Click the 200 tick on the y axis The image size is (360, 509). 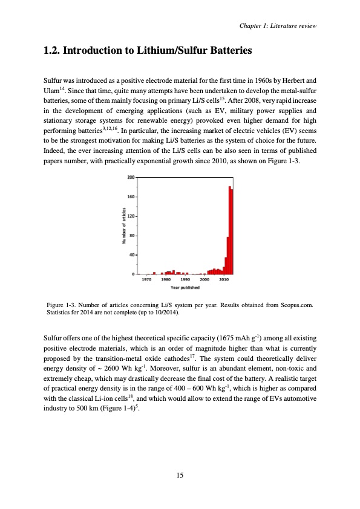(x=131, y=177)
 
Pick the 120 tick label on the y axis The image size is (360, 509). (x=131, y=216)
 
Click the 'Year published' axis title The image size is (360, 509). (x=185, y=287)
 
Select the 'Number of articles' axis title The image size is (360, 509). (x=123, y=225)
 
